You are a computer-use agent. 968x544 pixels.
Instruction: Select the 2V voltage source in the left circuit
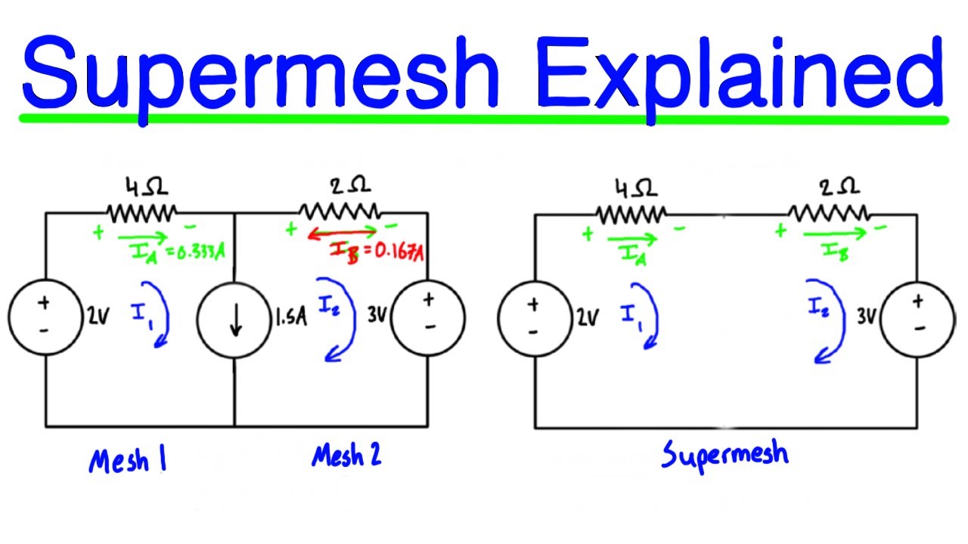[45, 317]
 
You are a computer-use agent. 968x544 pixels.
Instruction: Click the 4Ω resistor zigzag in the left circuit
[142, 213]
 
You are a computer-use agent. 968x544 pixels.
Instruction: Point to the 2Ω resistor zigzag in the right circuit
[829, 213]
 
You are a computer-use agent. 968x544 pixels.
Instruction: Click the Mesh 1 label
[127, 460]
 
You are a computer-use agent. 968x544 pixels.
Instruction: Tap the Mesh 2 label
[346, 456]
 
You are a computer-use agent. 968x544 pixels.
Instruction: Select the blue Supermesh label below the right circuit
[724, 455]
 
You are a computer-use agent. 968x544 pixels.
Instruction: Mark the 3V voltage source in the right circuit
[918, 317]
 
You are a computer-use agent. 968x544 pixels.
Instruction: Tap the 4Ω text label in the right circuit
[631, 186]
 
